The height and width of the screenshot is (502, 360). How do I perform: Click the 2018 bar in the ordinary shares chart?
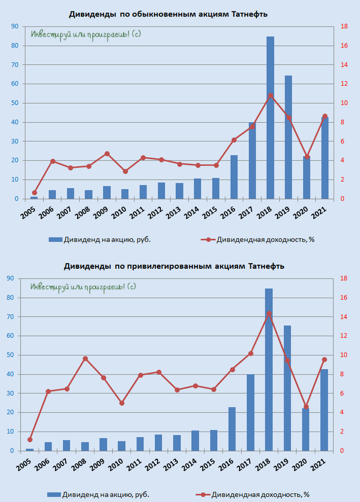point(270,118)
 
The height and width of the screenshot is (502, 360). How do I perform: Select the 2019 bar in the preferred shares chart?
point(287,388)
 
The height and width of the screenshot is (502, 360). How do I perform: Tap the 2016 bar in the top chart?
point(234,177)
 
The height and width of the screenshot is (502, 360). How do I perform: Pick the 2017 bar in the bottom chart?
point(250,413)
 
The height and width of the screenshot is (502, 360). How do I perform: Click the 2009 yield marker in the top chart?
point(107,154)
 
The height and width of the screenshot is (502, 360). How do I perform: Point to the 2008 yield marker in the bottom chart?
point(85,359)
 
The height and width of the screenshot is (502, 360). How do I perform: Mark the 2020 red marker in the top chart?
point(307,157)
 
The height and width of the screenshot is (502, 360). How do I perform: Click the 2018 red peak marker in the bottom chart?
point(269,313)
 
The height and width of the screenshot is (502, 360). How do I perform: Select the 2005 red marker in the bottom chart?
point(30,439)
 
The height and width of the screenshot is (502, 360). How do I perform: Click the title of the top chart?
point(168,14)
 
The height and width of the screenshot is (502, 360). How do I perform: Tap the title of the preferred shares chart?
point(174,266)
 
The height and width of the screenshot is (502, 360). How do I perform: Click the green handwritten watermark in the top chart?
point(86,34)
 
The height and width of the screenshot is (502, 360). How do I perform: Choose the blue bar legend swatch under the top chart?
point(55,239)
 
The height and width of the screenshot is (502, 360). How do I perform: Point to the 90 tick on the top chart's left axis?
point(15,26)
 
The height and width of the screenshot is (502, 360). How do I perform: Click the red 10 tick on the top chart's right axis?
point(344,103)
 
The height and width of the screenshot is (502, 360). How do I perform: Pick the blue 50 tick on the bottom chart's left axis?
point(11,355)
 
